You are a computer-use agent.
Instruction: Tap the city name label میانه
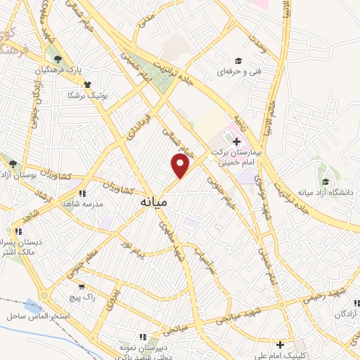[151, 202]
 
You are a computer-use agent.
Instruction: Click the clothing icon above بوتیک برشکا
[77, 84]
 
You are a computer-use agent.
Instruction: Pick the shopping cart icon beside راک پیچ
[83, 287]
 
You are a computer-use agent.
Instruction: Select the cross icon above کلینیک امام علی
[281, 345]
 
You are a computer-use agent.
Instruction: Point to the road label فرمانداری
[141, 123]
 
